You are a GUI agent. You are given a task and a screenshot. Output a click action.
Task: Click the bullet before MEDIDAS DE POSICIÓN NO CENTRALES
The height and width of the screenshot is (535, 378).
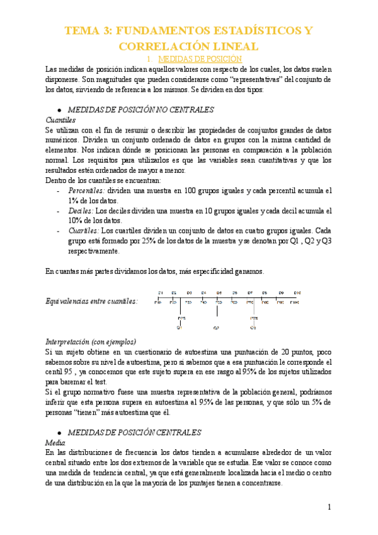coord(59,109)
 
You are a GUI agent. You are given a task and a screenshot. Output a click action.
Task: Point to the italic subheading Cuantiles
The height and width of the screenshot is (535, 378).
coord(60,119)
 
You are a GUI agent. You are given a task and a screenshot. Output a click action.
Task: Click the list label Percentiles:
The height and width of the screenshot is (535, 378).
coord(86,190)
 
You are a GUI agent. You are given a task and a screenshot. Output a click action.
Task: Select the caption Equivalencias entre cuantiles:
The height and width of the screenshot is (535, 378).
coord(92,302)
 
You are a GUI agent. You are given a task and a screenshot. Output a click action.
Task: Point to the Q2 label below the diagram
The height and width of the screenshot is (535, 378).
coord(216,328)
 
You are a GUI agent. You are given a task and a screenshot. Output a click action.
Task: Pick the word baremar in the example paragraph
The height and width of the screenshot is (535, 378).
coord(73,382)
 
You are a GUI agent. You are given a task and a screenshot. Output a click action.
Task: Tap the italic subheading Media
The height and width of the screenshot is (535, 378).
coord(56,443)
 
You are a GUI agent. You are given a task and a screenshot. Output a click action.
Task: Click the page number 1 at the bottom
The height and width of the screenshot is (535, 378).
coord(329,507)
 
